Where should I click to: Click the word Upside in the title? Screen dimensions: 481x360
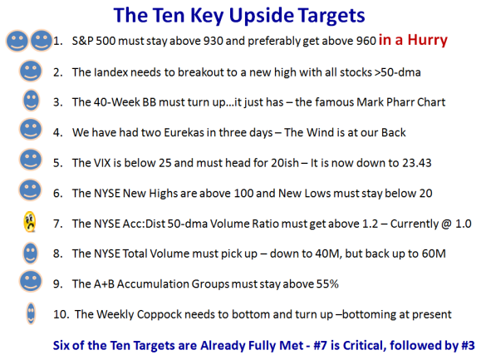tap(262, 16)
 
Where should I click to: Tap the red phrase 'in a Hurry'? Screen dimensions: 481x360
tap(413, 40)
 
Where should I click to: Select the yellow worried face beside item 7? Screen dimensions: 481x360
tap(30, 222)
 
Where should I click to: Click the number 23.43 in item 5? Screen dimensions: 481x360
tap(417, 163)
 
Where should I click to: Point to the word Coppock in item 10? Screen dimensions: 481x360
tap(159, 315)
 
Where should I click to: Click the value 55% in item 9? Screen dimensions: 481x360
tap(327, 284)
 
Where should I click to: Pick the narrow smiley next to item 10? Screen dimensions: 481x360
tap(31, 313)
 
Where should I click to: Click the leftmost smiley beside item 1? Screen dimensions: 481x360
tap(17, 41)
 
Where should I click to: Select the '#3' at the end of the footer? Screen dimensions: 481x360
tap(468, 346)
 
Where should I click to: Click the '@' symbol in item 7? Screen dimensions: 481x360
tap(446, 224)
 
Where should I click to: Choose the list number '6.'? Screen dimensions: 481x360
tap(58, 194)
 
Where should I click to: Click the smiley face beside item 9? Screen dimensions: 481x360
tap(31, 281)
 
